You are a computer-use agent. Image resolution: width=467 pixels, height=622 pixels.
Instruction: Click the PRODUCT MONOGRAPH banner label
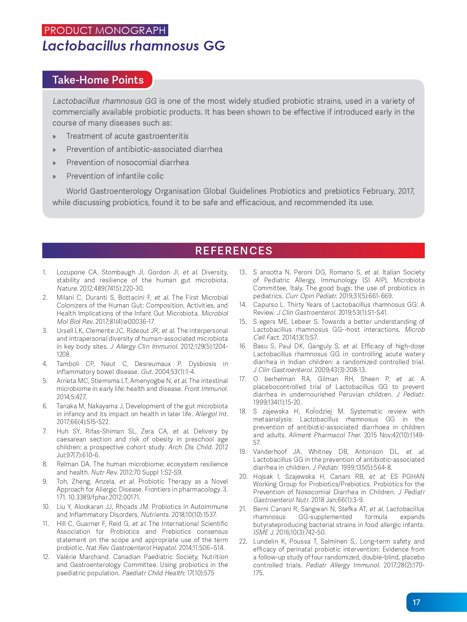point(105,30)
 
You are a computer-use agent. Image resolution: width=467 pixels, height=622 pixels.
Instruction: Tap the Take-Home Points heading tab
point(98,80)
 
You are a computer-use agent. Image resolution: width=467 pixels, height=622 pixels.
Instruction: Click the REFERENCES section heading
point(233,251)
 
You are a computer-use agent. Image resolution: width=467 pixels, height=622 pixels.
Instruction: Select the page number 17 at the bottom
point(416,602)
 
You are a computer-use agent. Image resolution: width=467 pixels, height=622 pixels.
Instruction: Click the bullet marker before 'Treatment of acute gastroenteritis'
point(54,137)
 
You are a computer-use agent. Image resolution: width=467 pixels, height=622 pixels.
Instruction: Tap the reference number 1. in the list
point(45,272)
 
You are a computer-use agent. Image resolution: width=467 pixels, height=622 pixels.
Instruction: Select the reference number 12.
point(46,557)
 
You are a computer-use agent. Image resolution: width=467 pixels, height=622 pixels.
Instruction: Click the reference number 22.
point(243,541)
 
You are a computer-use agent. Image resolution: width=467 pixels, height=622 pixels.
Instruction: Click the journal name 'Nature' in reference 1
point(67,288)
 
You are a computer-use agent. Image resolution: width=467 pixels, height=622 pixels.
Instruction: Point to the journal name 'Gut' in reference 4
point(146,372)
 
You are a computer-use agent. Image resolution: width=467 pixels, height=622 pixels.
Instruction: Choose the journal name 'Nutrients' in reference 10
point(155,515)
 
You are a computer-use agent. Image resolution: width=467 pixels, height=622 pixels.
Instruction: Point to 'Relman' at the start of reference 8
point(67,464)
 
